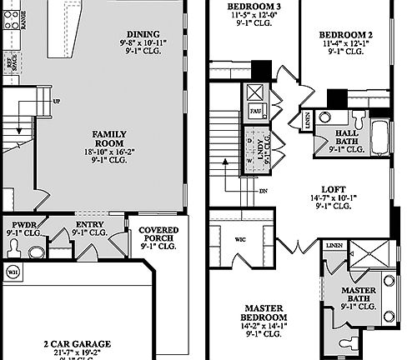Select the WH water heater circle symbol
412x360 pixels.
(13, 272)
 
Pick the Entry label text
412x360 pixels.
(89, 225)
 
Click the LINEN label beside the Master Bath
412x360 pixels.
(334, 246)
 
